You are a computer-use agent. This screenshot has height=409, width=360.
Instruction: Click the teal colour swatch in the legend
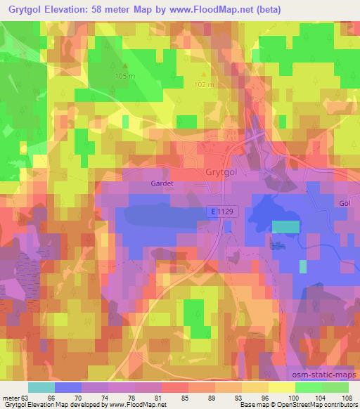point(41,387)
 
